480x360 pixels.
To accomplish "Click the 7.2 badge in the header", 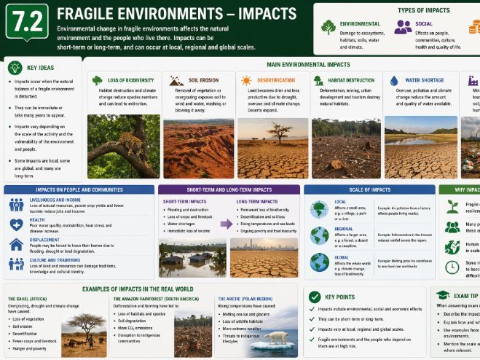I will point(27,22).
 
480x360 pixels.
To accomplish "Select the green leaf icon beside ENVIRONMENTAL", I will point(328,28).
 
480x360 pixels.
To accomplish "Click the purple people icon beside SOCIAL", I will point(402,28).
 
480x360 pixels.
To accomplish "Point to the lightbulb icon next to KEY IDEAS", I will point(13,66).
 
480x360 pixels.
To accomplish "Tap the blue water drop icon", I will point(394,81).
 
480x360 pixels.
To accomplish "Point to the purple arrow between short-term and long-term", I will point(227,224).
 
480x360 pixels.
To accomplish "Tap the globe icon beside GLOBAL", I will point(318,262).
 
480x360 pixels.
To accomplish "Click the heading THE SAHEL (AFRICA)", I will point(34,299).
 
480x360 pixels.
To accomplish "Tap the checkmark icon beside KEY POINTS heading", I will point(314,297).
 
